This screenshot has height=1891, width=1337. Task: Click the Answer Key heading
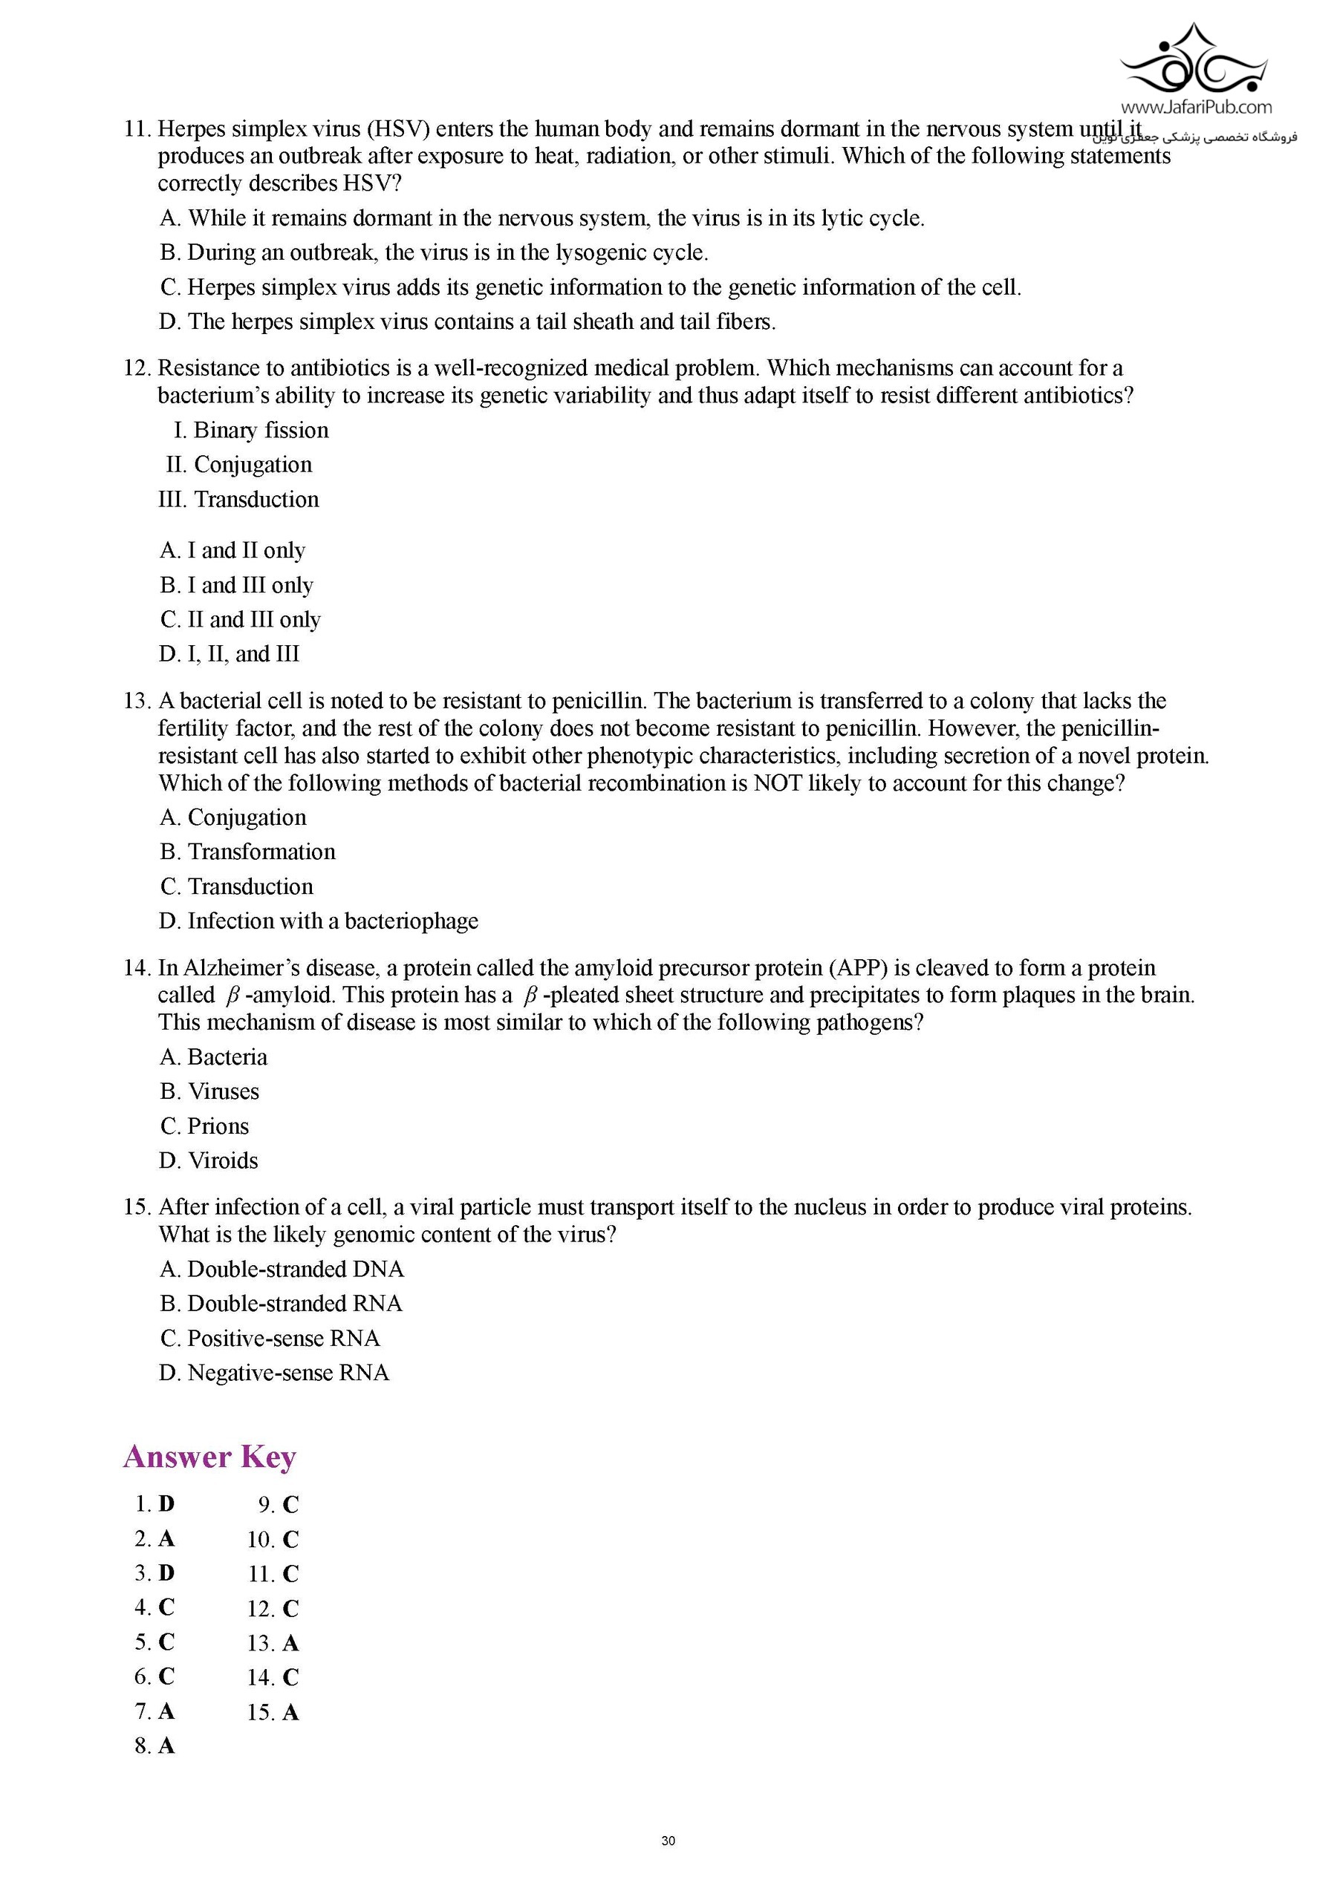point(209,1457)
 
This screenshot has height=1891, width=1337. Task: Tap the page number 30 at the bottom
point(668,1841)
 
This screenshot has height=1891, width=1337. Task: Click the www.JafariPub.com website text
point(1195,107)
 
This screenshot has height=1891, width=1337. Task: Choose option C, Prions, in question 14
point(204,1126)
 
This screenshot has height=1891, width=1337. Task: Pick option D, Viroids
point(209,1160)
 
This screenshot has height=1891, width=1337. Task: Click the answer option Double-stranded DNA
point(282,1269)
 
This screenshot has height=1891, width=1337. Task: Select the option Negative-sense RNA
point(274,1373)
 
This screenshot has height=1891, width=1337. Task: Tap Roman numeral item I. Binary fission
point(251,430)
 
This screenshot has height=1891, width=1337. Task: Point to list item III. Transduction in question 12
point(239,499)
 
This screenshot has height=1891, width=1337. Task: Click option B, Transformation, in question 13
point(248,852)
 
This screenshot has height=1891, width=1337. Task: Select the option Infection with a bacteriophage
point(319,921)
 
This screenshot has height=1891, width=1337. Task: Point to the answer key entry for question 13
point(273,1643)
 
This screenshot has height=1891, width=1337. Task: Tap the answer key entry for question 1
point(155,1504)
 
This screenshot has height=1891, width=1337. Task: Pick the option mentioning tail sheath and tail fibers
point(467,321)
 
